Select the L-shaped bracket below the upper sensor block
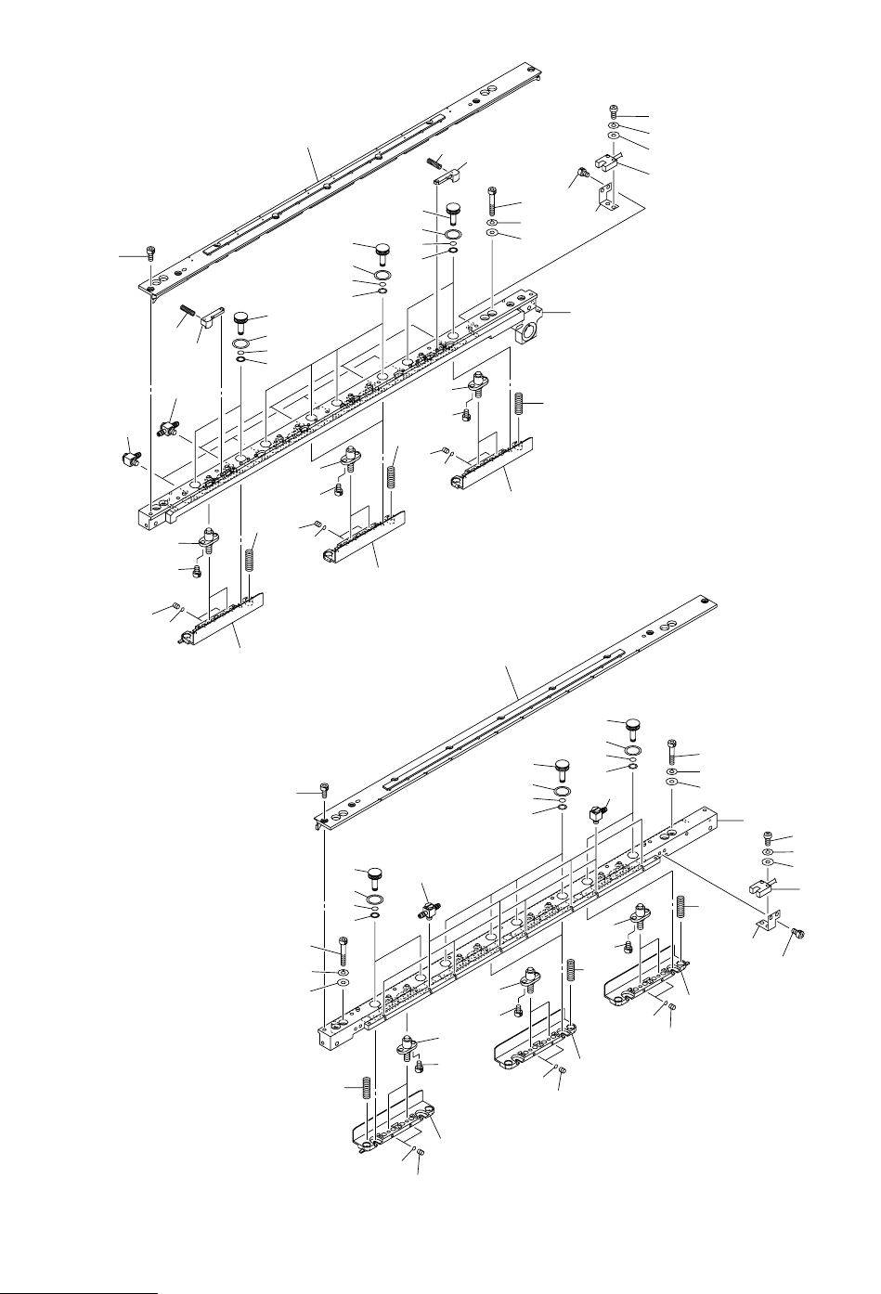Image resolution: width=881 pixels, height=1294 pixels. [606, 196]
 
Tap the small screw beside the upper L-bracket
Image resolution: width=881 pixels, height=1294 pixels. [582, 173]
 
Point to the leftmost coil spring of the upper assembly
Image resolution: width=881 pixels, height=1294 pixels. [250, 561]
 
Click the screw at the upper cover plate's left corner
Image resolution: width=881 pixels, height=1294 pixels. [149, 252]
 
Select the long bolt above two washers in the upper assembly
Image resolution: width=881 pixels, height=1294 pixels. [491, 200]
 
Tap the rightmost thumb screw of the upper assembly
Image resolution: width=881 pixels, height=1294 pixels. [453, 209]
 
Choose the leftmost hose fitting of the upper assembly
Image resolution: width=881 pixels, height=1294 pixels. [130, 458]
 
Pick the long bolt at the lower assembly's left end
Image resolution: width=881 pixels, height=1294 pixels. [342, 949]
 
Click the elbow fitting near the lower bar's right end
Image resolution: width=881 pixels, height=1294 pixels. [598, 814]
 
